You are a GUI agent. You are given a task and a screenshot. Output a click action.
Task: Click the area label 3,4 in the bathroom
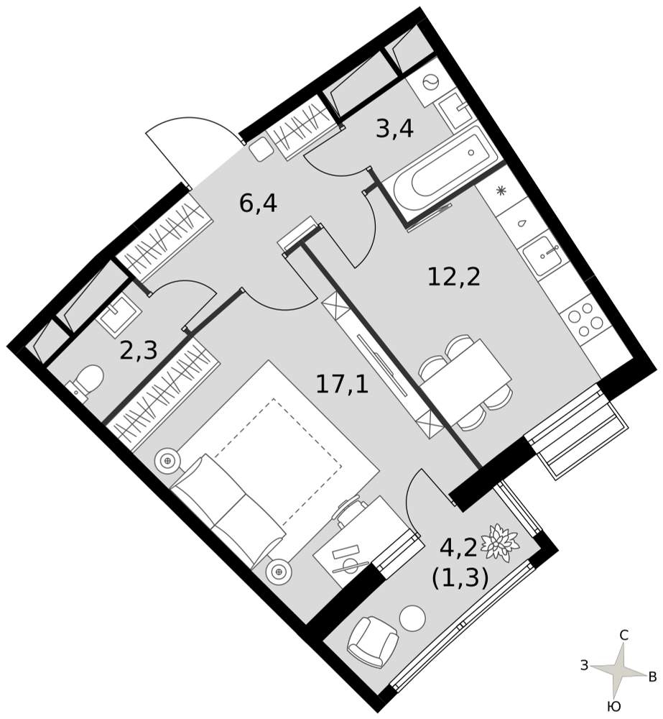tap(394, 129)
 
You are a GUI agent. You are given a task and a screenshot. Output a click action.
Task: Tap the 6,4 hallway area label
tap(258, 203)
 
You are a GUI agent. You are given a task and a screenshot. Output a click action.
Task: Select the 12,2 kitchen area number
tap(454, 277)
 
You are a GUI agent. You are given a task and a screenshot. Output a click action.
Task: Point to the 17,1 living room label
tap(342, 384)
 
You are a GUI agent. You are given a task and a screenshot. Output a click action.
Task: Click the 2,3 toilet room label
tap(139, 350)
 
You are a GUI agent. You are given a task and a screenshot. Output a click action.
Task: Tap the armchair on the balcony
tap(372, 641)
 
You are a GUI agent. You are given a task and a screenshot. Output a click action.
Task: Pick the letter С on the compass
tap(623, 635)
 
